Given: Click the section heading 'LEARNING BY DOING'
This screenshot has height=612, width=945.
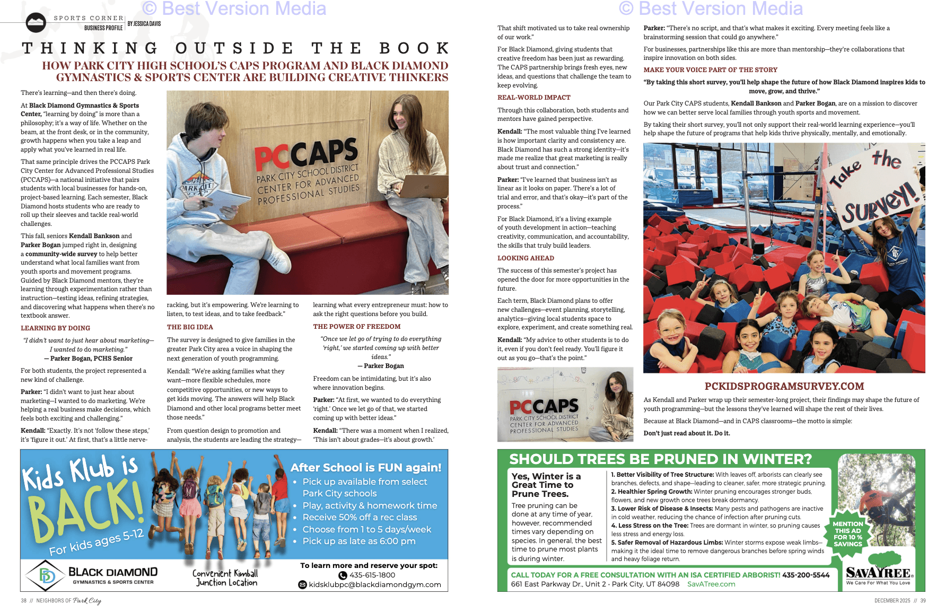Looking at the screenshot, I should pyautogui.click(x=56, y=328).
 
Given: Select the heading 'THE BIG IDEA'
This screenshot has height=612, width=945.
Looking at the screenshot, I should pyautogui.click(x=190, y=327).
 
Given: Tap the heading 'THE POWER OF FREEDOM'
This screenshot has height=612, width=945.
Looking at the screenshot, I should pyautogui.click(x=357, y=327).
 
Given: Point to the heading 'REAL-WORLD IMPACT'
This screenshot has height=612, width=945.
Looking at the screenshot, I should pyautogui.click(x=534, y=98).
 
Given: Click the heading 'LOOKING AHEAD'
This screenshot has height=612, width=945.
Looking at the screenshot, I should pyautogui.click(x=526, y=258).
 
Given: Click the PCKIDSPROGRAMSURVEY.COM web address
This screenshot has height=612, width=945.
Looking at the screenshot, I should pyautogui.click(x=784, y=386).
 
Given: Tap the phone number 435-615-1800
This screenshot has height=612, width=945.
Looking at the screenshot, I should pyautogui.click(x=372, y=575).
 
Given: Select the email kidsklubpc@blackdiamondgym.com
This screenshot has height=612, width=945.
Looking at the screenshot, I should pyautogui.click(x=374, y=584).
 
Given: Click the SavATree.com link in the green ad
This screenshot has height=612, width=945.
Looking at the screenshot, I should pyautogui.click(x=711, y=584).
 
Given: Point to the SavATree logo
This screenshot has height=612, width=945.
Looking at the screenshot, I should pyautogui.click(x=878, y=571).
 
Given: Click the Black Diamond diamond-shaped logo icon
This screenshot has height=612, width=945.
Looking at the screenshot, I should pyautogui.click(x=47, y=576).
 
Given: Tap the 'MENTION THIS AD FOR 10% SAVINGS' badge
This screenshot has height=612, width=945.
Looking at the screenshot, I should pyautogui.click(x=848, y=534).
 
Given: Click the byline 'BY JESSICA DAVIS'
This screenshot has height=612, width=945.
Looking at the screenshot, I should pyautogui.click(x=144, y=24).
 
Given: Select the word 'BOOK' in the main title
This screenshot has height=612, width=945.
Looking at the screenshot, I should pyautogui.click(x=415, y=48).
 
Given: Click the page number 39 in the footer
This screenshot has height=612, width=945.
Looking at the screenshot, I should pyautogui.click(x=923, y=601).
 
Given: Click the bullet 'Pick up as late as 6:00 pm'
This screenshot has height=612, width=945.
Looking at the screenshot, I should pyautogui.click(x=359, y=541).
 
